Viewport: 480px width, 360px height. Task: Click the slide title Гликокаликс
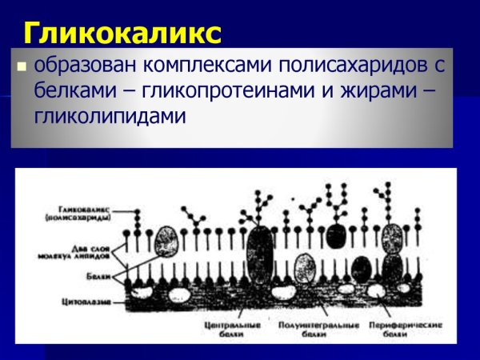pos(121,33)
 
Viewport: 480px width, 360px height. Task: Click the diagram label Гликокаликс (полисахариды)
pos(78,214)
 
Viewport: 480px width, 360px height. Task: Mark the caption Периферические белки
pos(398,330)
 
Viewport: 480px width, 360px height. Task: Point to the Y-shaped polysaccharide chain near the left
pos(191,214)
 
